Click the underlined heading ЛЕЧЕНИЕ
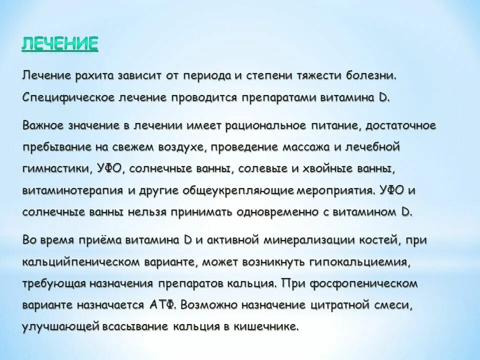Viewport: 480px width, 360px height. pos(60,43)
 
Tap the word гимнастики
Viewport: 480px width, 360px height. pos(55,168)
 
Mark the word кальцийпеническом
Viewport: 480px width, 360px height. pos(76,261)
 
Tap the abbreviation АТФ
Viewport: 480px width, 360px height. pos(162,304)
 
